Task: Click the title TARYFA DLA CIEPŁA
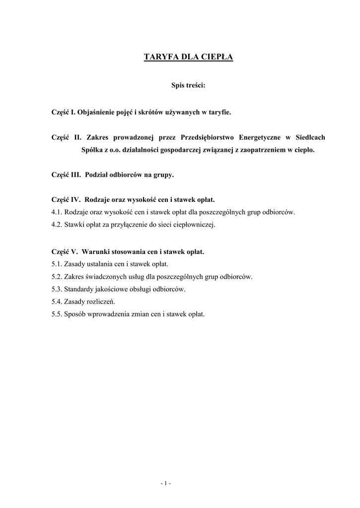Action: (x=181, y=57)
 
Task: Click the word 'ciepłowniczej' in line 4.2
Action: (x=196, y=225)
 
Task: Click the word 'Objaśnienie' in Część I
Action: (x=95, y=113)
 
